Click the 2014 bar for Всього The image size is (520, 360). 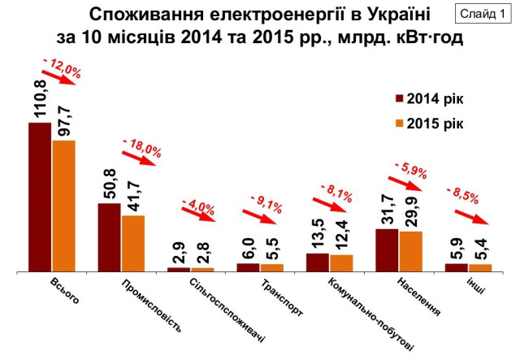click(40, 197)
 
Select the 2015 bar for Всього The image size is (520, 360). click(63, 206)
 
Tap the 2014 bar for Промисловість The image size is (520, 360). click(110, 236)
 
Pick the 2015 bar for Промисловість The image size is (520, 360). click(133, 243)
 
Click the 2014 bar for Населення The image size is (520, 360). click(387, 249)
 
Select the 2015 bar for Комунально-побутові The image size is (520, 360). click(342, 262)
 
